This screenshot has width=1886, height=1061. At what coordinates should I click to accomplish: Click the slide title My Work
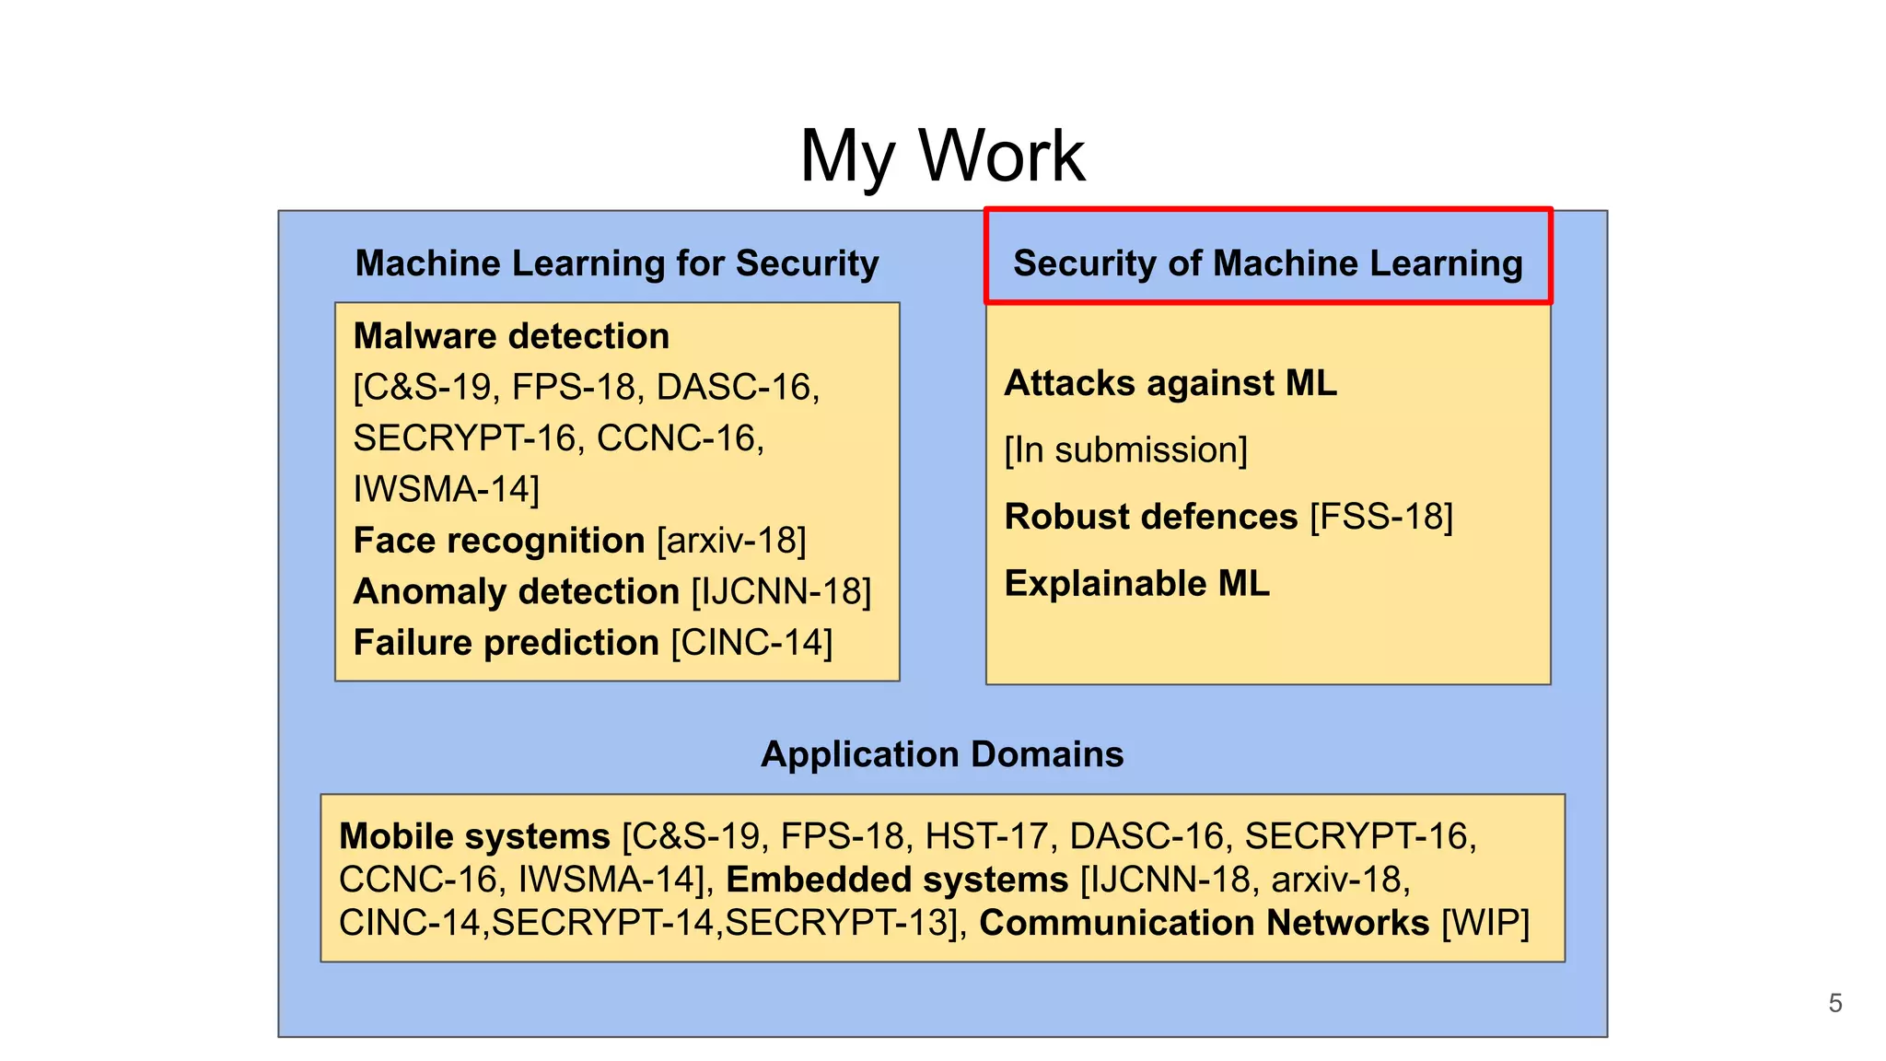point(942,157)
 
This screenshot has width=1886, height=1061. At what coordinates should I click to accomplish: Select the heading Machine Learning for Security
point(617,263)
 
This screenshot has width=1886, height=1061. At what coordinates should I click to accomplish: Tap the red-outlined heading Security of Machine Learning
point(1268,263)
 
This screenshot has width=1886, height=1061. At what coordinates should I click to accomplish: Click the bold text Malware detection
point(511,336)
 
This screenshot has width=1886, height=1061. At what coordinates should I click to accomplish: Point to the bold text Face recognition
point(499,541)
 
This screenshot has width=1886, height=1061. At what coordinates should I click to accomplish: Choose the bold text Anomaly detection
point(517,591)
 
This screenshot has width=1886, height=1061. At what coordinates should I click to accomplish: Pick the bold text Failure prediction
point(506,643)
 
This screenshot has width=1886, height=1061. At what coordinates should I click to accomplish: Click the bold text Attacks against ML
point(1170,383)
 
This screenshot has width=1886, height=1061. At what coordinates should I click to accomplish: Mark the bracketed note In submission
point(1125,450)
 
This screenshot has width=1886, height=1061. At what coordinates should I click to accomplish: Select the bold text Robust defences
point(1151,517)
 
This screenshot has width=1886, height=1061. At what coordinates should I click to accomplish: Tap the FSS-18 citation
point(1381,517)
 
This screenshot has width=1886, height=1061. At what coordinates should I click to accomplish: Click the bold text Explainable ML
point(1137,584)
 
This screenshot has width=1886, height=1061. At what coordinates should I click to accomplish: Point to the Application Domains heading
point(942,754)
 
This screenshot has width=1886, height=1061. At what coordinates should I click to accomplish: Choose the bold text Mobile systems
point(474,836)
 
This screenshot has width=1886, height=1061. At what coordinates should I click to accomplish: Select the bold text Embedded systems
point(897,880)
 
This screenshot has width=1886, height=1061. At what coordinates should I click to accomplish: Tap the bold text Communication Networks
point(1205,923)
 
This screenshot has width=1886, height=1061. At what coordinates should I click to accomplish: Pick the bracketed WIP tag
point(1485,923)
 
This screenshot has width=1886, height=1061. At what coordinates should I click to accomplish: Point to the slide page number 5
point(1835,1003)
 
